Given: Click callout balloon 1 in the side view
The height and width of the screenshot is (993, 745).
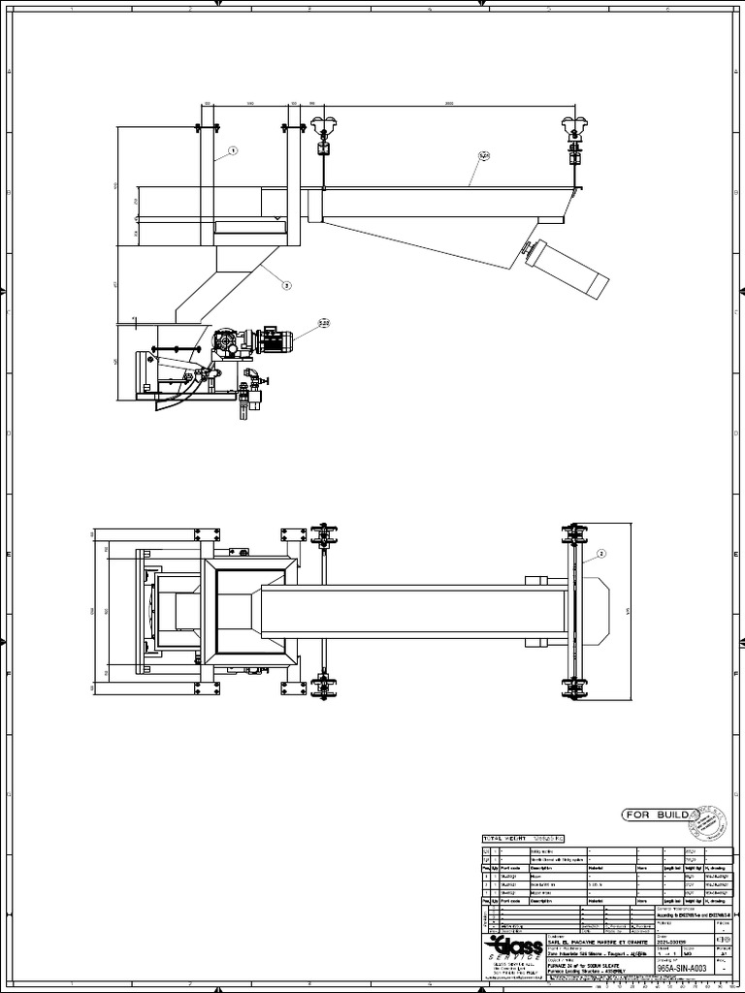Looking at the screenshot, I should pyautogui.click(x=233, y=151).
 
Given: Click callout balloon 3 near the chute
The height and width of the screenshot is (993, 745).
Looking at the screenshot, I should pyautogui.click(x=286, y=285).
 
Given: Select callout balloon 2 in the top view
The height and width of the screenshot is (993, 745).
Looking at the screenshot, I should pyautogui.click(x=601, y=554).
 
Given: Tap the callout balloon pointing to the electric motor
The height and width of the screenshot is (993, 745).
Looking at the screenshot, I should pyautogui.click(x=323, y=322).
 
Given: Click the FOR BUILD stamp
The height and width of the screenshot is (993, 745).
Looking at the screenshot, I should pyautogui.click(x=655, y=815).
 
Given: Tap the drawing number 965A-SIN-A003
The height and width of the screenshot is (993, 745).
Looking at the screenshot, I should pyautogui.click(x=682, y=968).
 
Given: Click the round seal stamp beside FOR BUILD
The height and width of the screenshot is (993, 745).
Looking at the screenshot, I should pyautogui.click(x=712, y=820).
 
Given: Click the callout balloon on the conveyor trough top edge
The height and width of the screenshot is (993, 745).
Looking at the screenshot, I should pyautogui.click(x=484, y=155).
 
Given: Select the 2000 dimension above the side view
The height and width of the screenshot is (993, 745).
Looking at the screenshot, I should pyautogui.click(x=448, y=102).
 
